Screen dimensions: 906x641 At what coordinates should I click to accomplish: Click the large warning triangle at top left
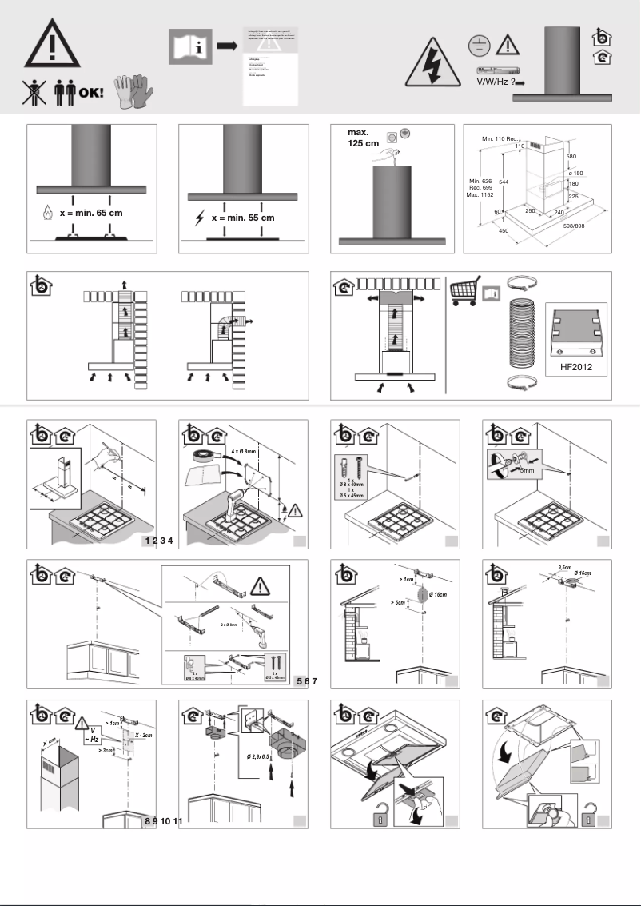click(x=52, y=42)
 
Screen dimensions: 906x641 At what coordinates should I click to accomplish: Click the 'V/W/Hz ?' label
click(x=495, y=82)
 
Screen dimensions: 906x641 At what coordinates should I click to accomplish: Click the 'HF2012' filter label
click(x=573, y=369)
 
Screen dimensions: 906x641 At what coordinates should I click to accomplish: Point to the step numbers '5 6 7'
click(x=307, y=681)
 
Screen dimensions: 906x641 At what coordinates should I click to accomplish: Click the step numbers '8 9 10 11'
click(x=164, y=821)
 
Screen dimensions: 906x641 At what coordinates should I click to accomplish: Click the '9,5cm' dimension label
click(x=563, y=566)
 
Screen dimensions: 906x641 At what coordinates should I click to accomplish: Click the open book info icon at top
click(x=189, y=46)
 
